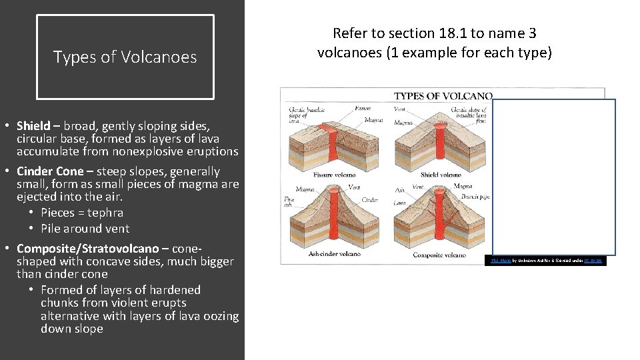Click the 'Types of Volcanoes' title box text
[x=125, y=57]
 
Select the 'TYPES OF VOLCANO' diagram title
[x=443, y=96]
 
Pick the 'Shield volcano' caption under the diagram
[x=441, y=175]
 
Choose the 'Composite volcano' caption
[x=439, y=255]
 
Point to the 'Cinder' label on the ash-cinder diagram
[x=369, y=199]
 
